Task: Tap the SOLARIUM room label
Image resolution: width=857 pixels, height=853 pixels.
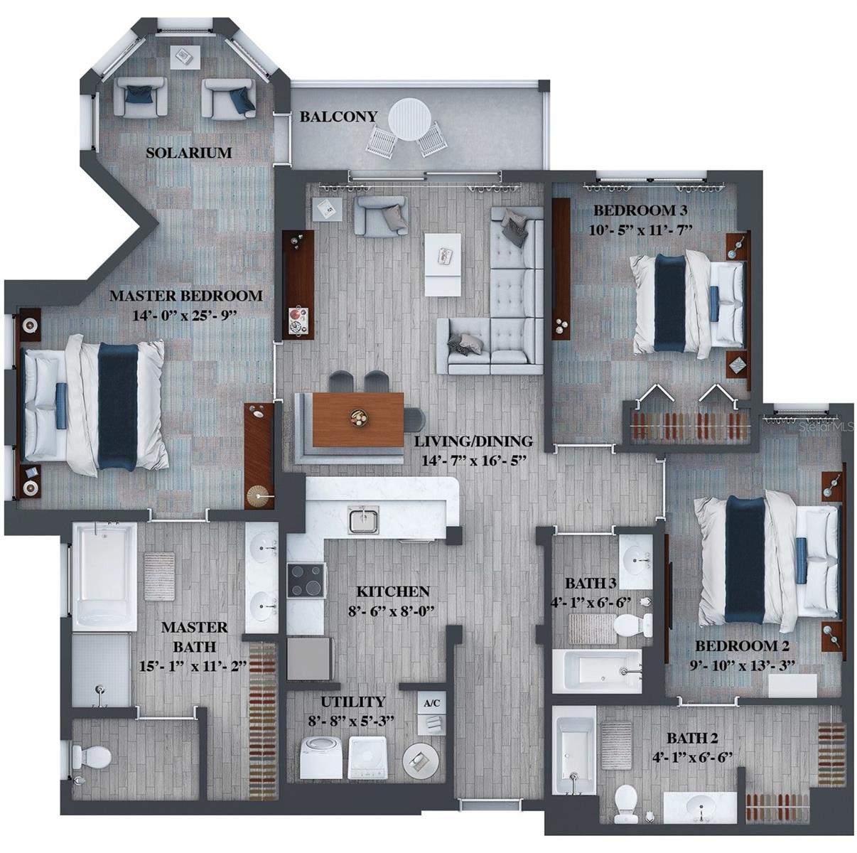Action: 188,152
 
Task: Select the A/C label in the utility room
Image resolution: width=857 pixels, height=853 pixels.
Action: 431,703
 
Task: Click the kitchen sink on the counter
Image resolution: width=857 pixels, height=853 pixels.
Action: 364,519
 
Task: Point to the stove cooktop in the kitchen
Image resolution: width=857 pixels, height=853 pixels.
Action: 306,579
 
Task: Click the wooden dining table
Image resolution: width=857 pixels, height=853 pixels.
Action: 358,419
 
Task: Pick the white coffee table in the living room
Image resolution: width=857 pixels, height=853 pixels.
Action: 443,263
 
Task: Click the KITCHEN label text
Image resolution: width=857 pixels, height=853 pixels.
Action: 392,591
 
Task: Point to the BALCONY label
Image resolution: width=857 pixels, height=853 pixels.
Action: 338,116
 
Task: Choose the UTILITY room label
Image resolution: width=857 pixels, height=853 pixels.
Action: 352,702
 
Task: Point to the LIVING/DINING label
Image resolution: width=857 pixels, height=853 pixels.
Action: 473,441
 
